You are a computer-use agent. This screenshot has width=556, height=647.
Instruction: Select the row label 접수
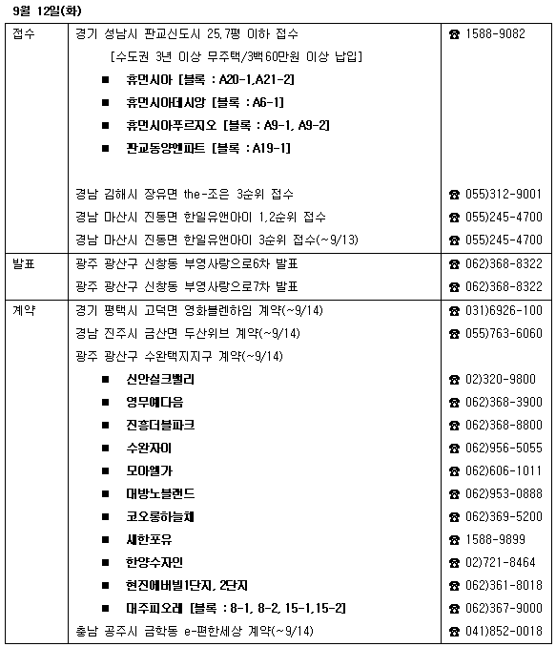point(24,33)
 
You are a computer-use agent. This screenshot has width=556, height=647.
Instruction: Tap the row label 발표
point(24,263)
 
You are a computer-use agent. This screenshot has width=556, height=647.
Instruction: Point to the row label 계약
point(24,310)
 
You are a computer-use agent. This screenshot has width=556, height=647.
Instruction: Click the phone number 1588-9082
point(496,33)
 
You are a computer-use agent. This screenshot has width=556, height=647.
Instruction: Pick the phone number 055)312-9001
point(504,194)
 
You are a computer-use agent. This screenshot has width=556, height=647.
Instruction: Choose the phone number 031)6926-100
point(504,310)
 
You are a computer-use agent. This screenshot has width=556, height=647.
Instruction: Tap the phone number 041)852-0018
point(504,631)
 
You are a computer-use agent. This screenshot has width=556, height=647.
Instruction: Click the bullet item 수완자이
point(148,448)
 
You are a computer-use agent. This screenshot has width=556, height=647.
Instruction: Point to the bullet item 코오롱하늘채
point(159,516)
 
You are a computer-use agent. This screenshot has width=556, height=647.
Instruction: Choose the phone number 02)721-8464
point(501,562)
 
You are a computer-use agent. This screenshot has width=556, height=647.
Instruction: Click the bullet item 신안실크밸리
point(159,379)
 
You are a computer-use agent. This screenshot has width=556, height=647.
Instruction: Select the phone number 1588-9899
point(496,539)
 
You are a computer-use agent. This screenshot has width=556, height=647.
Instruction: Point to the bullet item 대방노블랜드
point(159,493)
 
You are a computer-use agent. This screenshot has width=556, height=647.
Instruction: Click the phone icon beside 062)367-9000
point(454,608)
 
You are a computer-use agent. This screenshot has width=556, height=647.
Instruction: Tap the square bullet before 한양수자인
point(106,562)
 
